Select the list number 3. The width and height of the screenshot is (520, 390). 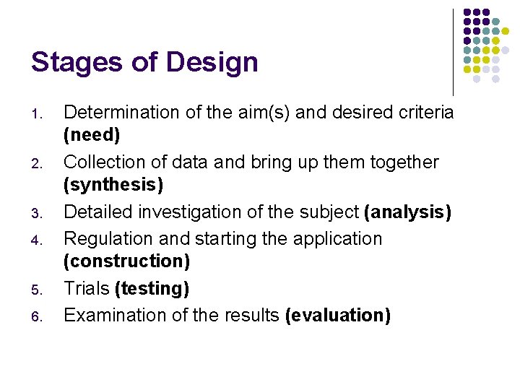tap(40, 214)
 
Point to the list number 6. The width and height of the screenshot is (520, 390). tap(40, 317)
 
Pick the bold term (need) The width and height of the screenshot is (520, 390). tap(92, 135)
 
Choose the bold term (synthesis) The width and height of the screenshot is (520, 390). tap(113, 186)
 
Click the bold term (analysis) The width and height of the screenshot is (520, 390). tap(408, 212)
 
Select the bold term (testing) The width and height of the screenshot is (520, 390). tap(152, 289)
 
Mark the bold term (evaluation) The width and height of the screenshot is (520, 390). tap(338, 316)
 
